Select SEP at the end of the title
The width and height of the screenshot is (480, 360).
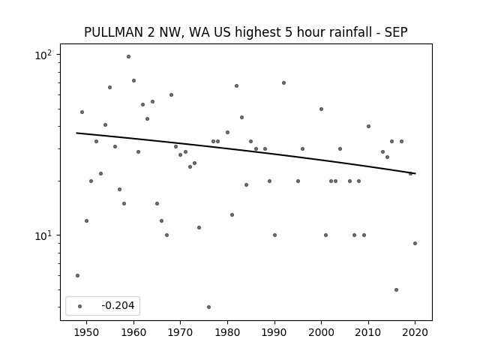[396, 32]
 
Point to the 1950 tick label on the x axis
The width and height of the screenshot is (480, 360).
[87, 332]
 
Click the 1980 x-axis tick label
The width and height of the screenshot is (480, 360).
[227, 332]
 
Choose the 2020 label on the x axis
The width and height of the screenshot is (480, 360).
[415, 332]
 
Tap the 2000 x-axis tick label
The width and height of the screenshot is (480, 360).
[321, 332]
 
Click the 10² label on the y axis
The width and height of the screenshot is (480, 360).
[43, 55]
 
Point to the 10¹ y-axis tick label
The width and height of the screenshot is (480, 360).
[43, 235]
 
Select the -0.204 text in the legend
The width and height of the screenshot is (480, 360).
[118, 305]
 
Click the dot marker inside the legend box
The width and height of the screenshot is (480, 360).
[80, 306]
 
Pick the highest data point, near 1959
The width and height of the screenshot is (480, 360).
[128, 57]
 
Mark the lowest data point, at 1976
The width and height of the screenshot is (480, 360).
[208, 307]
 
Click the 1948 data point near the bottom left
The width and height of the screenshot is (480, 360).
[77, 275]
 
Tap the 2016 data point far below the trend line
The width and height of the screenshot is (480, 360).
[397, 290]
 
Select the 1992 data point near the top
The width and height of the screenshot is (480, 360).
[283, 83]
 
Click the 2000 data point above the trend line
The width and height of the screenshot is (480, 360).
[322, 109]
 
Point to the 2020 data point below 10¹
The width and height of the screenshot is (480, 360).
[415, 243]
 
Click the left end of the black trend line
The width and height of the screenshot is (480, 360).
[76, 133]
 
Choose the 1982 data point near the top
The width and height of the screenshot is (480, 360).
[237, 86]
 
